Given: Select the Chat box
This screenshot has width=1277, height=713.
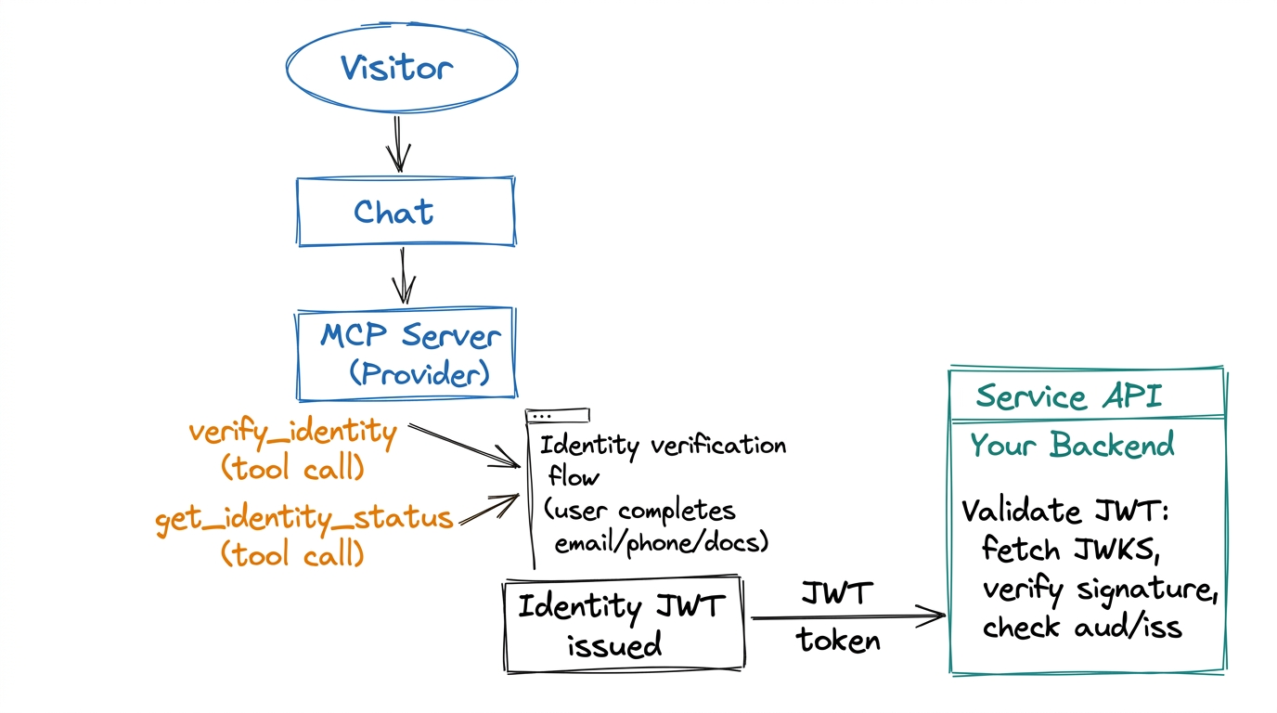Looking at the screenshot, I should pos(405,213).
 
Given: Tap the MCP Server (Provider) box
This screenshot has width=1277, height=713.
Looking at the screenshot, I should pos(405,354).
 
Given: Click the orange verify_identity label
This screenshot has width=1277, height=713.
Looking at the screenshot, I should pos(292,433).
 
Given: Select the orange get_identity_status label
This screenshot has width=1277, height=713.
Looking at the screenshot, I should pos(304,518).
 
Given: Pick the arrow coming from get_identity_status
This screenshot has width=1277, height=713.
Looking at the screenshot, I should pos(489,510).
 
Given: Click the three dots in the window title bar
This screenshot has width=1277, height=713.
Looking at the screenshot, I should pos(542,417).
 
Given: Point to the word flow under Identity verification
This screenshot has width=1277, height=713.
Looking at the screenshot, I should pos(574,478).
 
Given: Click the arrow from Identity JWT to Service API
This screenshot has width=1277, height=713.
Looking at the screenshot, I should pos(846,616).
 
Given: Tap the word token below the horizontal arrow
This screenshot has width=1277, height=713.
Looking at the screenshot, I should pos(838,641).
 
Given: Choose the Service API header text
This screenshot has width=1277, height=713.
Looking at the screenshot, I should pos(1068,397).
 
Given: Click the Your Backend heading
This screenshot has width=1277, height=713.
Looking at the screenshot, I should pos(1072,446).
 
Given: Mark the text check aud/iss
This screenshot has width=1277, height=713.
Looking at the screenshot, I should pos(1082,629).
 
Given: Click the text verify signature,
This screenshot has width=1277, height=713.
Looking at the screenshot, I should pos(1100,590).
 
